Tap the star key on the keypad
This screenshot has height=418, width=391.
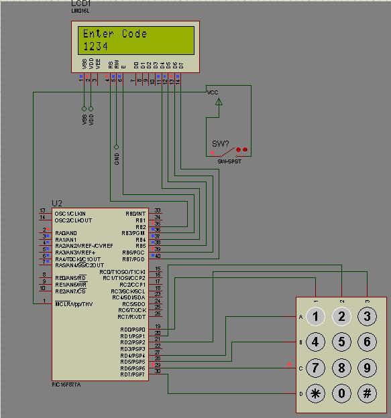click(316, 393)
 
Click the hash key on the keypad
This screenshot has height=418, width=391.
click(368, 393)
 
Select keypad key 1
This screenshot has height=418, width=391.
click(316, 316)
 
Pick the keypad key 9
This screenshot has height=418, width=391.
click(368, 367)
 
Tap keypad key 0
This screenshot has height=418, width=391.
click(341, 393)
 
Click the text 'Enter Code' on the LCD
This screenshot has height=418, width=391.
click(115, 34)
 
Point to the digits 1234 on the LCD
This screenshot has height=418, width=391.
click(95, 46)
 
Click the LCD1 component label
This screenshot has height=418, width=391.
click(81, 4)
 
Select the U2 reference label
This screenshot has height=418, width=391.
click(57, 203)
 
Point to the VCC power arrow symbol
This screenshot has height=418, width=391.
click(217, 102)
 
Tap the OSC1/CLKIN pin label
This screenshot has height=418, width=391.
click(70, 214)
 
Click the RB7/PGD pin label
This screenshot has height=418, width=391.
click(133, 259)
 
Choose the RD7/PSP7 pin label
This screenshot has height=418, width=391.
click(132, 374)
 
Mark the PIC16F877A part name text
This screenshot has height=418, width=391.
click(69, 385)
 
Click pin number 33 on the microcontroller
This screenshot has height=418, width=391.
click(158, 211)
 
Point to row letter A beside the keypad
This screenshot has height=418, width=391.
click(300, 317)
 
